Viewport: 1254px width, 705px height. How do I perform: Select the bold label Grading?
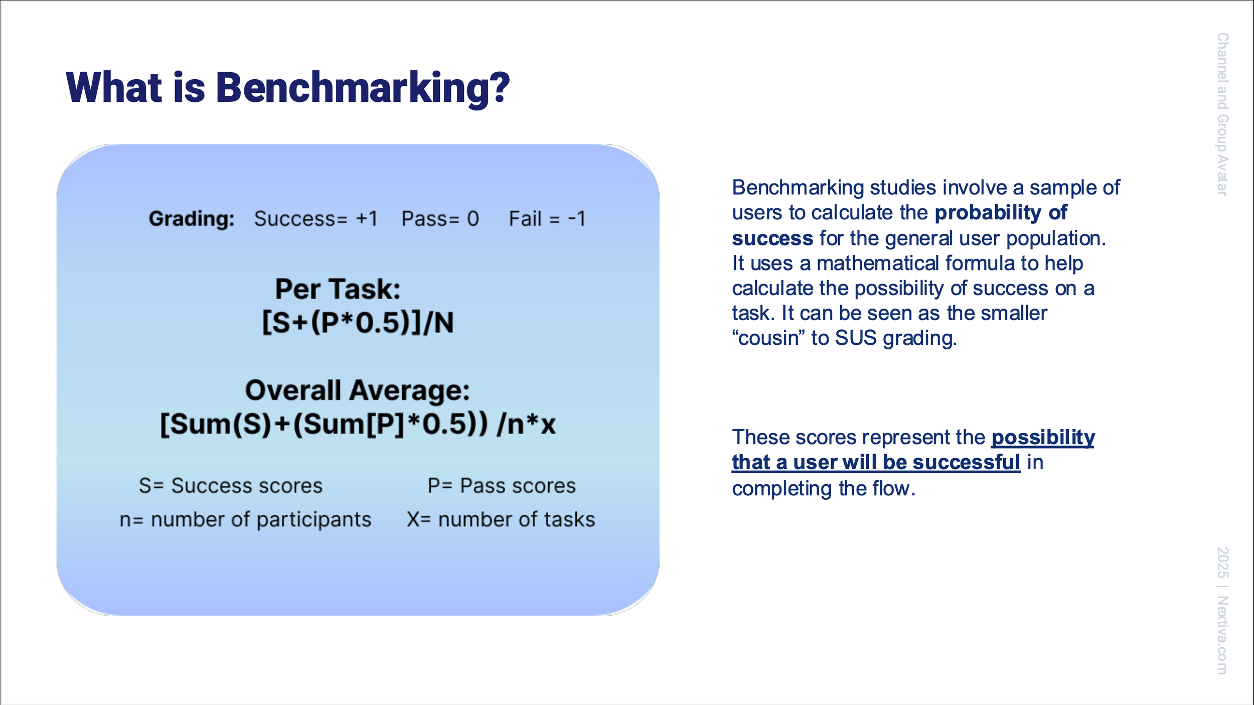click(192, 219)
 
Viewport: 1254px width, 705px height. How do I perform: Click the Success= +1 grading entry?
click(316, 219)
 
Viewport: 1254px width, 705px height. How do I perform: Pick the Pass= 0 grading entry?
click(440, 219)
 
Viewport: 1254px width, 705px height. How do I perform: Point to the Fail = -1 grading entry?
click(547, 219)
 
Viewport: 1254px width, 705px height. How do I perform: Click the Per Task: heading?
click(338, 289)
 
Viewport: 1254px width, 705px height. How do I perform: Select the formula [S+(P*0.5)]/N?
click(358, 322)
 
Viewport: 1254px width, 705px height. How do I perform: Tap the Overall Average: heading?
click(357, 390)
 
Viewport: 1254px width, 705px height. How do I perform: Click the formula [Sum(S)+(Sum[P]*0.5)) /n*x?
click(358, 424)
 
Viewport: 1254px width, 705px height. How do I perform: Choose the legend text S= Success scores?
click(231, 486)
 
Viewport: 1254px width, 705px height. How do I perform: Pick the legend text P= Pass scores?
click(502, 486)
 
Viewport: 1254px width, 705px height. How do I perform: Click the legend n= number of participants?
click(245, 519)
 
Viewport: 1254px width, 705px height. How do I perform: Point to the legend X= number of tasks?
click(501, 519)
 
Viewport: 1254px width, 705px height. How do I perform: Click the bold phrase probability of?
click(1001, 213)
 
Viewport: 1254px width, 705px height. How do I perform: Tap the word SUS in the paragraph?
click(856, 338)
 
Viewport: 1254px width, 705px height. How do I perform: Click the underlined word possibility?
click(1043, 438)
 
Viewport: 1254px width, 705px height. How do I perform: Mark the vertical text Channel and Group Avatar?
click(1222, 114)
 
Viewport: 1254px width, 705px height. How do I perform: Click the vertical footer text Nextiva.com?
click(1222, 635)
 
